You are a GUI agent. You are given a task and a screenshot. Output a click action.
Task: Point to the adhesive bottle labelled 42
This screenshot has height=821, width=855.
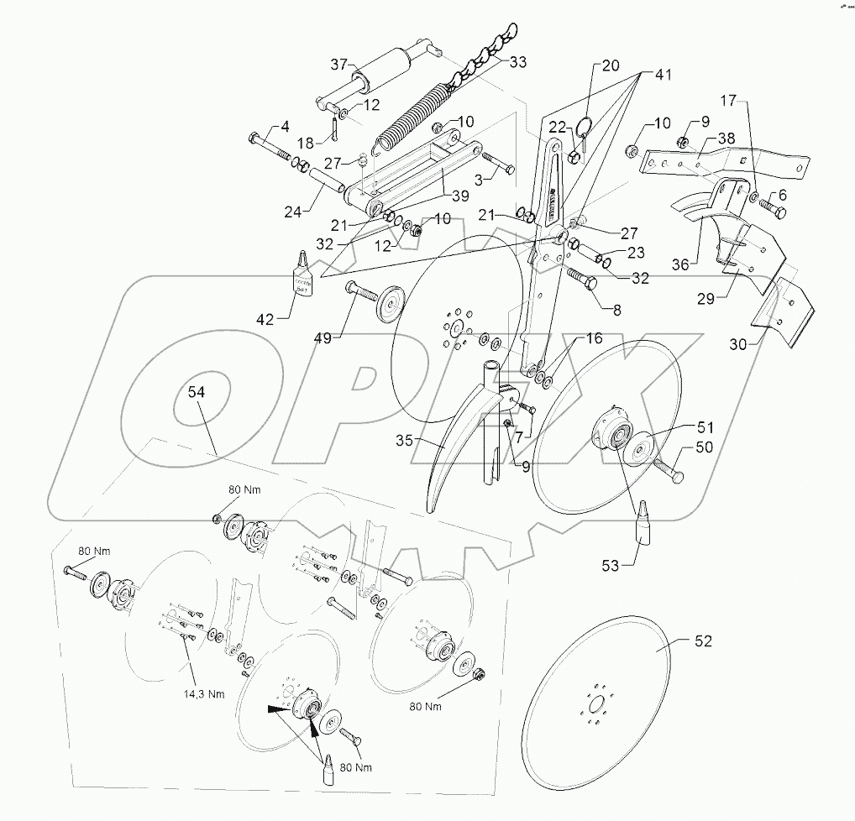[x=302, y=274]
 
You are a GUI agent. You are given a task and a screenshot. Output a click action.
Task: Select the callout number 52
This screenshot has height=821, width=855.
[x=703, y=641]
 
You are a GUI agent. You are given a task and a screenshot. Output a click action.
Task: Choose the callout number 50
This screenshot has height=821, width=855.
[x=703, y=448]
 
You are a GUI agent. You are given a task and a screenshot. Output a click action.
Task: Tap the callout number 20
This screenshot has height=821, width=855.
[x=610, y=65]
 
